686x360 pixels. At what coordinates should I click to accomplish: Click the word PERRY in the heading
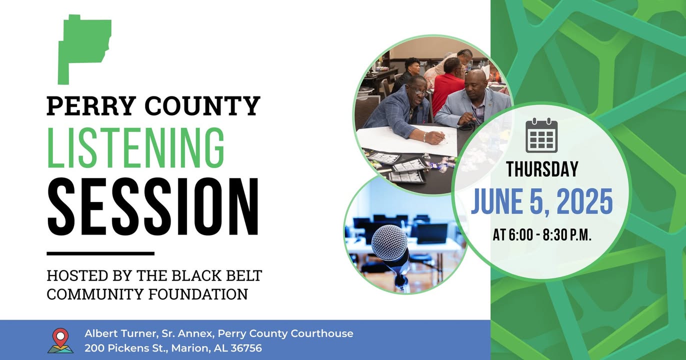point(91,105)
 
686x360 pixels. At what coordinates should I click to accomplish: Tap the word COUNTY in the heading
point(202,105)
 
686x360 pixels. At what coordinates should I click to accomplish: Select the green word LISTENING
point(136,148)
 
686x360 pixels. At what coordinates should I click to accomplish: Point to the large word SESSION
point(153,206)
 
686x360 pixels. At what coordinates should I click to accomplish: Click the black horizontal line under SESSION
point(100,253)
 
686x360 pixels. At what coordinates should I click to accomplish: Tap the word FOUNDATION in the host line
point(198,294)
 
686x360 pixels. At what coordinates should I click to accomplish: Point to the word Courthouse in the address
point(321,333)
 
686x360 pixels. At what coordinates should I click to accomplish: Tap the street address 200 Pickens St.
point(125,348)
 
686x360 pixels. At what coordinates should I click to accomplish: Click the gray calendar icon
point(541,135)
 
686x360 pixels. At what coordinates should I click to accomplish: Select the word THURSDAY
point(542,169)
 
